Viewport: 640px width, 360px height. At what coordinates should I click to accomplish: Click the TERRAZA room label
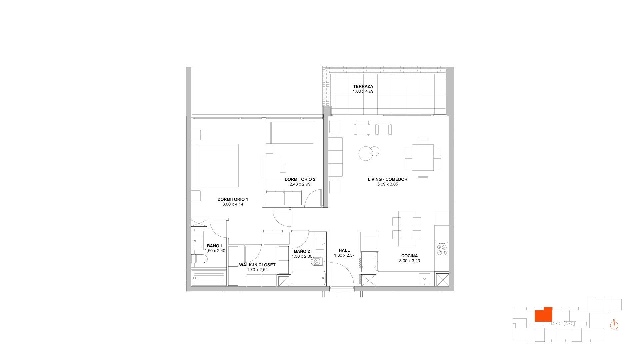[x=363, y=87]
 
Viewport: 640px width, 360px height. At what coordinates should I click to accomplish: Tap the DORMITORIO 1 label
[x=233, y=199]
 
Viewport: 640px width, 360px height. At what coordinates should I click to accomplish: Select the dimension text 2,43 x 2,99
[x=300, y=184]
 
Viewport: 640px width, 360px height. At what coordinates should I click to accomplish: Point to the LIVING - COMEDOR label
[x=388, y=179]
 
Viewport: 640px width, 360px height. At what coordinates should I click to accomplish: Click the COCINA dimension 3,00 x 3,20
[x=409, y=261]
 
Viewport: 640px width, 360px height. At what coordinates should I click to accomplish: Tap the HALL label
[x=344, y=251]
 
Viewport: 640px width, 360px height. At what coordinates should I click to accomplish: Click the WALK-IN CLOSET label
[x=257, y=265]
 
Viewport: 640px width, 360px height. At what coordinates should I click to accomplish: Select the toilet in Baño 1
[x=199, y=259]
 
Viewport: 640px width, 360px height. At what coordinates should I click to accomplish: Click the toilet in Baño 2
[x=317, y=262]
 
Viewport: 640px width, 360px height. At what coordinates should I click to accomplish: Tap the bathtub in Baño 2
[x=309, y=278]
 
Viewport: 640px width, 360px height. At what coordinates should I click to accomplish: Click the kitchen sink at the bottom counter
[x=425, y=279]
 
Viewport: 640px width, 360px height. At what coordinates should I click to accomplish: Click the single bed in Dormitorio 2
[x=292, y=133]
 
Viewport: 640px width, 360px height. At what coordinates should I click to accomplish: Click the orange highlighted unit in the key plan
[x=543, y=314]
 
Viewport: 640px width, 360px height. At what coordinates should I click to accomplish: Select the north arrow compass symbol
[x=614, y=325]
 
